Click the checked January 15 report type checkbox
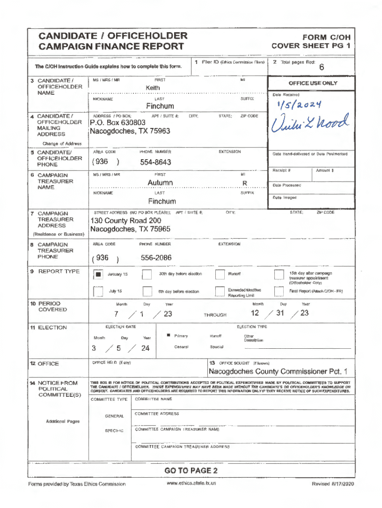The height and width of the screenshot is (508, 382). pyautogui.click(x=98, y=274)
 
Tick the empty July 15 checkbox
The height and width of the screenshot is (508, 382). pyautogui.click(x=98, y=291)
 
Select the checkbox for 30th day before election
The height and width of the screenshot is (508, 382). pyautogui.click(x=146, y=274)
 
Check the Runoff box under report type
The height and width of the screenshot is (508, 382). pyautogui.click(x=220, y=274)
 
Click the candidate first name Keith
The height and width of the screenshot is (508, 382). pyautogui.click(x=153, y=88)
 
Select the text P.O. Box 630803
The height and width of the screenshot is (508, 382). pyautogui.click(x=118, y=123)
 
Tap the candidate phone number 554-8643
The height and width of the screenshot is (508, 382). pyautogui.click(x=156, y=162)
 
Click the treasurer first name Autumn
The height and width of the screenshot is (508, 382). pyautogui.click(x=160, y=183)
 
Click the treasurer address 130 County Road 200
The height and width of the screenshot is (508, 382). pyautogui.click(x=126, y=221)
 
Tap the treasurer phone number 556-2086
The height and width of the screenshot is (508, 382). pyautogui.click(x=156, y=258)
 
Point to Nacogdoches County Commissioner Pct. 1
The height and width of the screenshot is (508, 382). pyautogui.click(x=278, y=372)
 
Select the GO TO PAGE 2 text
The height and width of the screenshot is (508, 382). pyautogui.click(x=191, y=470)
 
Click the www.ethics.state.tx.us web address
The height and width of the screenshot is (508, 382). pyautogui.click(x=191, y=483)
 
